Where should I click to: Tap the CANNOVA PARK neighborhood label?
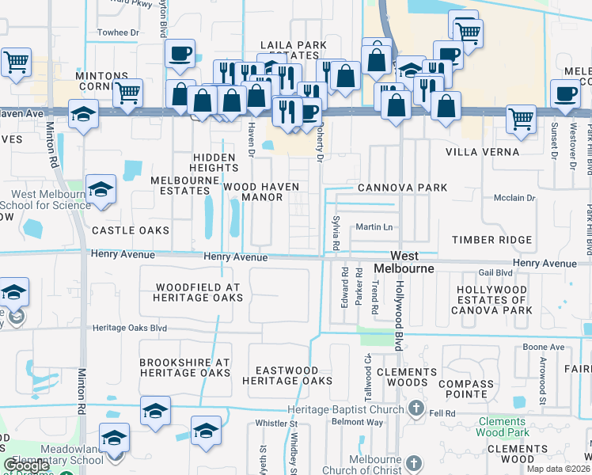pyautogui.click(x=402, y=188)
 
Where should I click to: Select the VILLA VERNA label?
pyautogui.click(x=482, y=151)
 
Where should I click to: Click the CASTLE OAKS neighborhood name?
pyautogui.click(x=131, y=230)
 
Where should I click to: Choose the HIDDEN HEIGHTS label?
pyautogui.click(x=214, y=162)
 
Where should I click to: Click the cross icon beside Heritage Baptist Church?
pyautogui.click(x=417, y=408)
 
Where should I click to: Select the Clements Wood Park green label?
pyautogui.click(x=502, y=427)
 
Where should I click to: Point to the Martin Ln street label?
pyautogui.click(x=374, y=227)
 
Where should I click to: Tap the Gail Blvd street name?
pyautogui.click(x=496, y=272)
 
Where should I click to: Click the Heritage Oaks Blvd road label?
pyautogui.click(x=130, y=328)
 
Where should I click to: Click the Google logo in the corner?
pyautogui.click(x=26, y=465)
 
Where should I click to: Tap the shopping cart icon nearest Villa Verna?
pyautogui.click(x=520, y=119)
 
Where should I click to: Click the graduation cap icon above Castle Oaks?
pyautogui.click(x=101, y=189)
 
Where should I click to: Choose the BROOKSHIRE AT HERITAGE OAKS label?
pyautogui.click(x=185, y=367)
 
